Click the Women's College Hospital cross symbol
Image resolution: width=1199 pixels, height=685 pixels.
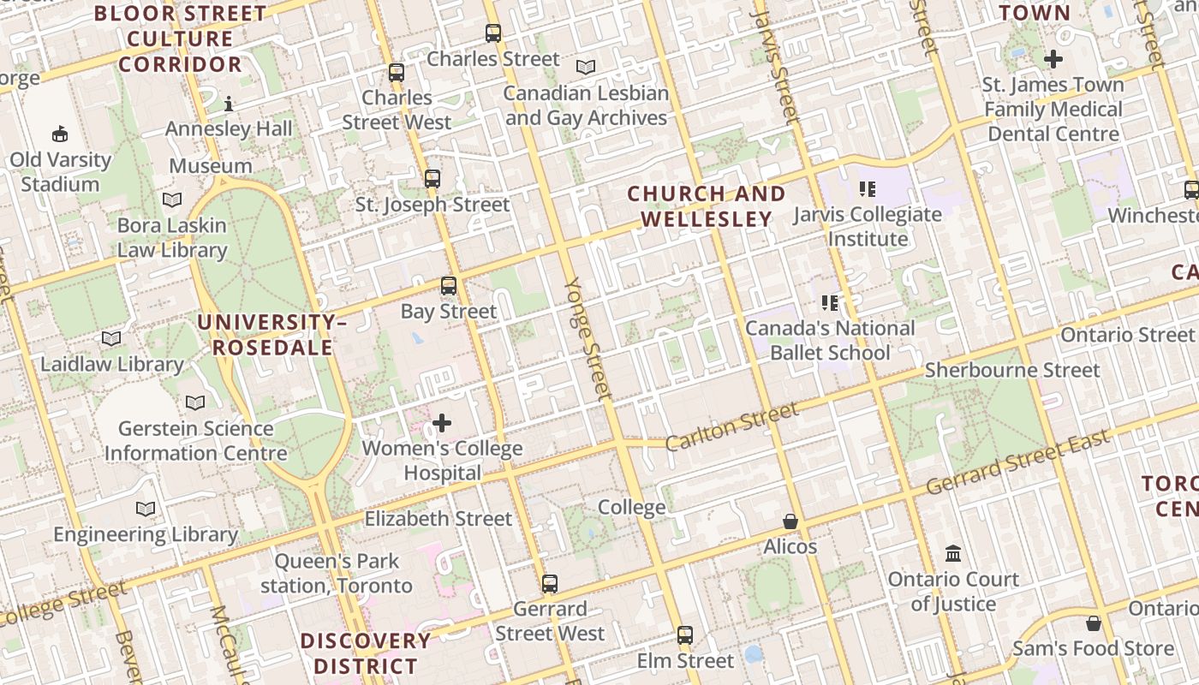(x=442, y=423)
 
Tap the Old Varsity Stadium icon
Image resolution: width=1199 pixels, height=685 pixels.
(x=60, y=134)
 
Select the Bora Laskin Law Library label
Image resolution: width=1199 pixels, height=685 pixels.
(x=172, y=238)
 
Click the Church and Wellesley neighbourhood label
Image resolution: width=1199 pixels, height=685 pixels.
(x=707, y=206)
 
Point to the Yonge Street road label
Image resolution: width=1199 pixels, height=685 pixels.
(x=588, y=339)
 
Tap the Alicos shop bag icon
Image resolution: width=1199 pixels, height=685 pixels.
(x=790, y=521)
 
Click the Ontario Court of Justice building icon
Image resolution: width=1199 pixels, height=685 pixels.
(x=953, y=554)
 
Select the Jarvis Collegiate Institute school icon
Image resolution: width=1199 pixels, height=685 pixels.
(x=868, y=189)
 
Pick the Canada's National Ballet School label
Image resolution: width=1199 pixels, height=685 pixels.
(x=830, y=340)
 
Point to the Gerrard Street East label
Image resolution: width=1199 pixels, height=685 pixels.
(x=1018, y=462)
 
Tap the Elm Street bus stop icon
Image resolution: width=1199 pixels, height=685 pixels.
(x=685, y=635)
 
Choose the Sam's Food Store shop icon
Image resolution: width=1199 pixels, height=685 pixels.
(x=1093, y=623)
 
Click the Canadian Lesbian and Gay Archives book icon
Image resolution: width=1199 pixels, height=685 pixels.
(x=586, y=67)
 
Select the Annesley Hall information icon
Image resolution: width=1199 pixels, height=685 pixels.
(x=229, y=104)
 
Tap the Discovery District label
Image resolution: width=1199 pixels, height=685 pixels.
(x=366, y=653)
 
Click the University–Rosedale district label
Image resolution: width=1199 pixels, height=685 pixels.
(x=272, y=335)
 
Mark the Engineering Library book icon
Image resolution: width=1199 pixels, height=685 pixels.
(x=146, y=509)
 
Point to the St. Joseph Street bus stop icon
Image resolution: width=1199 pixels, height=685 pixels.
(x=432, y=179)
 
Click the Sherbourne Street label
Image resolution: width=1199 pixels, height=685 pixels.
(x=1012, y=371)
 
